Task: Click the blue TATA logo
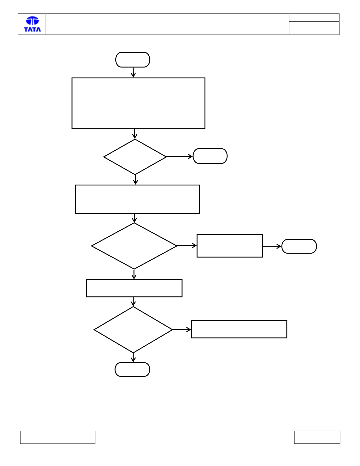[x=32, y=24]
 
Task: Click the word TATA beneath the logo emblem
[x=32, y=29]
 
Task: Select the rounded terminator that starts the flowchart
[x=133, y=60]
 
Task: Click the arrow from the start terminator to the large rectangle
[x=133, y=73]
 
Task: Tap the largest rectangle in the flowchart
[x=138, y=103]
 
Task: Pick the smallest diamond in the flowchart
[x=135, y=157]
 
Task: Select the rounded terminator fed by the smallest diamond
[x=210, y=156]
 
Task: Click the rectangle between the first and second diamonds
[x=138, y=199]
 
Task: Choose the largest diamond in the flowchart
[x=134, y=246]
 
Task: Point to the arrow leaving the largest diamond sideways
[x=187, y=245]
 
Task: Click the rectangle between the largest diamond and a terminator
[x=230, y=246]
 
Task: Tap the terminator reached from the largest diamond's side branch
[x=299, y=246]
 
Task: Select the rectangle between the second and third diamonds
[x=134, y=288]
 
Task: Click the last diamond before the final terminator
[x=133, y=330]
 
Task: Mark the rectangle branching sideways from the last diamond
[x=239, y=329]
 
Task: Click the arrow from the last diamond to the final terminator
[x=133, y=357]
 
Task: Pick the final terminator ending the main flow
[x=132, y=369]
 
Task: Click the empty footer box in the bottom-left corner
[x=58, y=437]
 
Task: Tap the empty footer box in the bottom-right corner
[x=317, y=437]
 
